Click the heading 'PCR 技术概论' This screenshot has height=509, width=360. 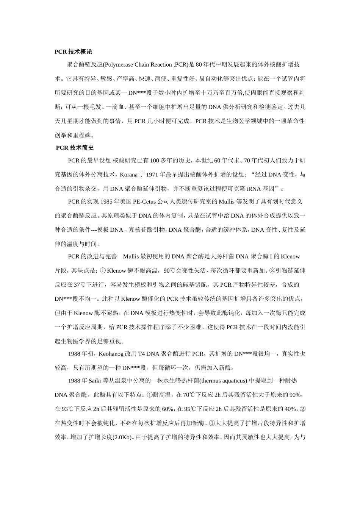[x=73, y=52]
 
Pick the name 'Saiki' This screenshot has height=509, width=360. [x=95, y=381]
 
